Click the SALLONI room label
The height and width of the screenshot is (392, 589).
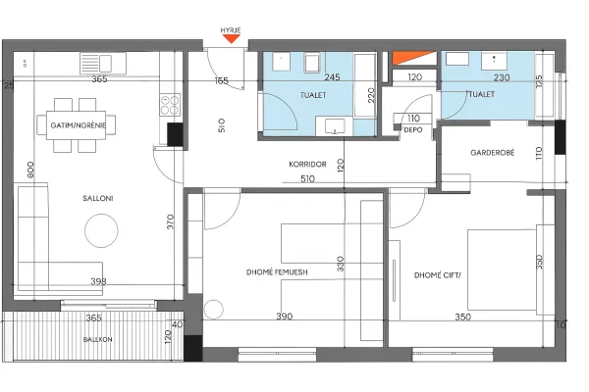[98, 199]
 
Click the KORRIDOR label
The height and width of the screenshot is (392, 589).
[307, 164]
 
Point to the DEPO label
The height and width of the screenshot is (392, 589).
[412, 128]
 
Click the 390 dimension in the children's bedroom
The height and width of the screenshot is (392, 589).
[284, 317]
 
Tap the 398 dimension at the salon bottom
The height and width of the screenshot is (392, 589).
[98, 281]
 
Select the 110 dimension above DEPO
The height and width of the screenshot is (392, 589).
[412, 118]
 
